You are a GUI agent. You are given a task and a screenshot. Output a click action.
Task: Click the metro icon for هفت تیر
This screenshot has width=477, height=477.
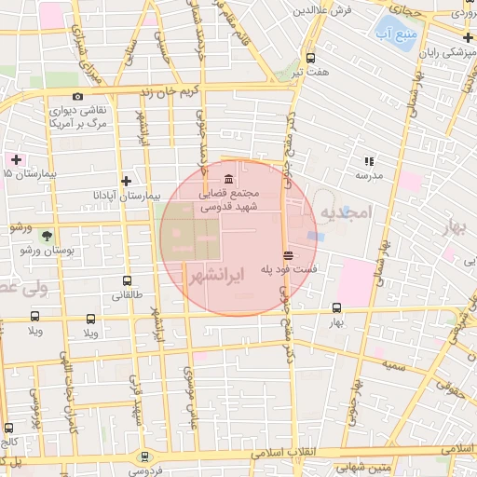click(310, 57)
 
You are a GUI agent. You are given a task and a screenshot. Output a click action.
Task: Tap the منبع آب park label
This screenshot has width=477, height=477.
click(397, 34)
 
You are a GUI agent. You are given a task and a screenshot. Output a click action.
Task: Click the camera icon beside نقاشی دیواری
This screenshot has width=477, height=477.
click(77, 96)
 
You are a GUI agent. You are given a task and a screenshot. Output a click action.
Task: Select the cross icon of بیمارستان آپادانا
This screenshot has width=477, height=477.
click(127, 181)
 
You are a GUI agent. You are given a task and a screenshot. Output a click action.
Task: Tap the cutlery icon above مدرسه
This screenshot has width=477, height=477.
click(368, 160)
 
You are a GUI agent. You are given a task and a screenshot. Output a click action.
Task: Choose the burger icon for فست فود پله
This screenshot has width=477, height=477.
click(289, 254)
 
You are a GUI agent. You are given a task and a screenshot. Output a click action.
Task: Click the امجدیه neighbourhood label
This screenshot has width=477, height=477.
click(345, 213)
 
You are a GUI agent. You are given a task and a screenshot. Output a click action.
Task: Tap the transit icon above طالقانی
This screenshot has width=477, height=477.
click(127, 281)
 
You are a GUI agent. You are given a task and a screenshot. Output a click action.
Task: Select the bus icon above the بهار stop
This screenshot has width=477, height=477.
click(336, 308)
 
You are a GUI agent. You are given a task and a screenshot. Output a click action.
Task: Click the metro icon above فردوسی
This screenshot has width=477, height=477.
click(143, 457)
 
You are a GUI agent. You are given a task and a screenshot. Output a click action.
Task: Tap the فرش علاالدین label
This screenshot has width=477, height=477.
click(320, 10)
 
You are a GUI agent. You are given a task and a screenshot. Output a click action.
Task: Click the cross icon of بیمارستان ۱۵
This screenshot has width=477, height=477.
click(15, 159)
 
